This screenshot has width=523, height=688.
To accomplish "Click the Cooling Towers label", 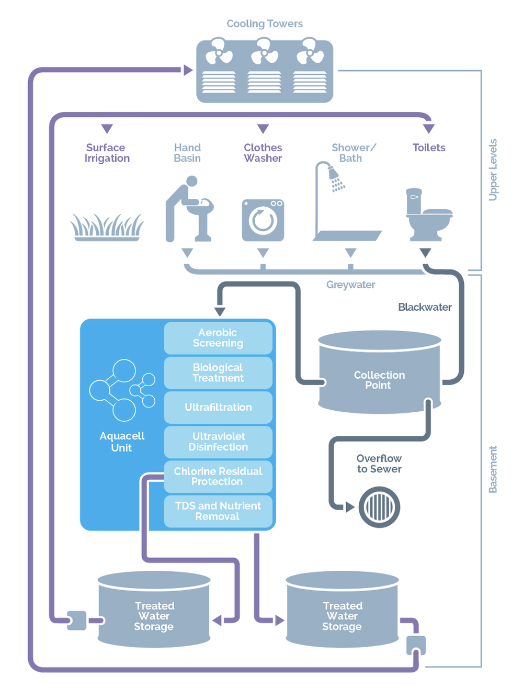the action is [265, 24].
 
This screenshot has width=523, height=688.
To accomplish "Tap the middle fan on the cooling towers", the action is [264, 51].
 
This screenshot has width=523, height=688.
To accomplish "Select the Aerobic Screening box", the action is [218, 338].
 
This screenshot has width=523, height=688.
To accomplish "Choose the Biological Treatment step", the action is [218, 373].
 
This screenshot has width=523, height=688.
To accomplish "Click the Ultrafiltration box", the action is [218, 407].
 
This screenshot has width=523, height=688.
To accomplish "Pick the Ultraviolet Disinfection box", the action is [218, 442].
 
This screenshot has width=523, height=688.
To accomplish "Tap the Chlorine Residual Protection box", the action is [218, 477].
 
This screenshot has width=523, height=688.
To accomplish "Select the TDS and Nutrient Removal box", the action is [218, 511].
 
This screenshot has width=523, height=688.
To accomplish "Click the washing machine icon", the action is [263, 220].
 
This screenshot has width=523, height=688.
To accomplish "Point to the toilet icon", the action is [429, 215].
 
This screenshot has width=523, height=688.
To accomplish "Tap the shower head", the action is [336, 178].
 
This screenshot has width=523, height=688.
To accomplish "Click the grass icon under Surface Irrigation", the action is [107, 227].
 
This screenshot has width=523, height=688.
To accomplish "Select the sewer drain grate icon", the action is [379, 507].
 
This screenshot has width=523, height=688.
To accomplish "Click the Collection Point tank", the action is [379, 372].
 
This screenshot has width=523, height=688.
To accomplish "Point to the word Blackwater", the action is [425, 307].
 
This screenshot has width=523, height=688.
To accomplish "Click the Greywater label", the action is [350, 285].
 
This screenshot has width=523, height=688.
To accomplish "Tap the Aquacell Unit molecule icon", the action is [122, 390].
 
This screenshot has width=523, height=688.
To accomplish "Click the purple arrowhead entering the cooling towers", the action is [188, 70].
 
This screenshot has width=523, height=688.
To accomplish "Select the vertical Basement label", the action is [493, 469].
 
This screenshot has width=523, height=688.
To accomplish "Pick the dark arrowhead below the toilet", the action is [425, 253].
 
